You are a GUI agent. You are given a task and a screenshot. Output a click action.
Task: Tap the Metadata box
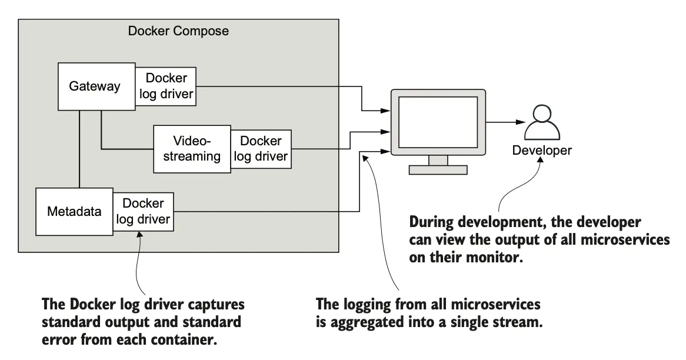[74, 211]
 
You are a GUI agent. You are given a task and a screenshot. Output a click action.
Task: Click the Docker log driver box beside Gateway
[166, 86]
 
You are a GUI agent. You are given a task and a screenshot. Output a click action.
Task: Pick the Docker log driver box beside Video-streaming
[261, 149]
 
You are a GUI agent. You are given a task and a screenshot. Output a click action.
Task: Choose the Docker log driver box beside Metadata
[143, 211]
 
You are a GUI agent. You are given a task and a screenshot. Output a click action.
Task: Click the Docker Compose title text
[178, 31]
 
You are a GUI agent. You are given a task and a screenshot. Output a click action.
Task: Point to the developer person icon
[540, 122]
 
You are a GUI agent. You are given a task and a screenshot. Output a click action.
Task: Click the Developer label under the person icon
[541, 151]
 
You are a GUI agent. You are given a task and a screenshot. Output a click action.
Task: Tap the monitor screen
[438, 122]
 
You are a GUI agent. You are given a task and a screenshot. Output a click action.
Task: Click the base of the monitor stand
[438, 169]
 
